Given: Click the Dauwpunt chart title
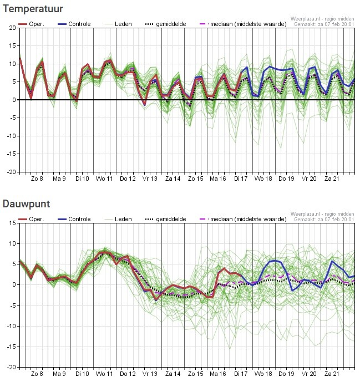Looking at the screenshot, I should pyautogui.click(x=26, y=204).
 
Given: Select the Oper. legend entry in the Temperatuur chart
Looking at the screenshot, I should pyautogui.click(x=31, y=24).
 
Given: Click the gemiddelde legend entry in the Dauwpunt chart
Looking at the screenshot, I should pyautogui.click(x=165, y=220).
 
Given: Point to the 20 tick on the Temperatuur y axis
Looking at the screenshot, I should pyautogui.click(x=12, y=28).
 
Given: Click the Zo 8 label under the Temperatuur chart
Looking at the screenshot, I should pyautogui.click(x=37, y=179).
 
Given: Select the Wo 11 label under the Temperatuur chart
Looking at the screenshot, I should pyautogui.click(x=104, y=179).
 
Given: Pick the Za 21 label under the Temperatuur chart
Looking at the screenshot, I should pyautogui.click(x=332, y=179).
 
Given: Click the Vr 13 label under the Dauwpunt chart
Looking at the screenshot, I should pyautogui.click(x=150, y=374).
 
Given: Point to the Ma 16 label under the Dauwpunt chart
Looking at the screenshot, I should pyautogui.click(x=218, y=374).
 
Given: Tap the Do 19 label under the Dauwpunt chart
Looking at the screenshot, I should pyautogui.click(x=286, y=374).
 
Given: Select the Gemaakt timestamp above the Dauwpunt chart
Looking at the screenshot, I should pyautogui.click(x=324, y=220).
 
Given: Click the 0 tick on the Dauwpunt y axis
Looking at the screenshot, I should pyautogui.click(x=14, y=284).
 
